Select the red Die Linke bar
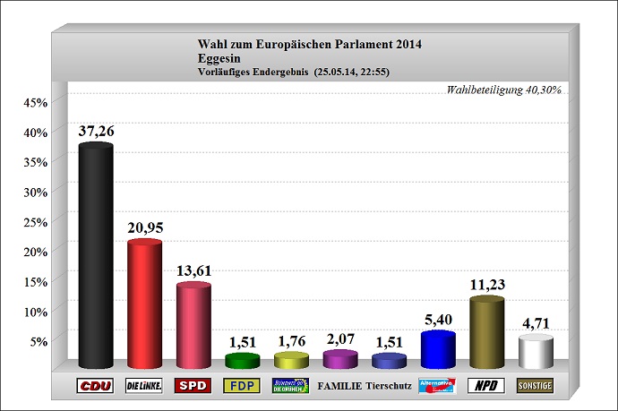coord(144,304)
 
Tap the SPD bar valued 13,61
coord(193,326)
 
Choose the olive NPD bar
coord(486,333)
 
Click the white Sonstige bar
coord(536,352)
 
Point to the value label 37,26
coord(97,132)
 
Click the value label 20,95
coord(144,229)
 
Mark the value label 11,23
coord(487,286)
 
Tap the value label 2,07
coord(339,339)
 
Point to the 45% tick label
coord(34,102)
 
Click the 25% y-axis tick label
coord(34,221)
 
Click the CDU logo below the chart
coord(96,386)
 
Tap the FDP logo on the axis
coord(242,386)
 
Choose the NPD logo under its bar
coord(487,386)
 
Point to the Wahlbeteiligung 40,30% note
coord(503,90)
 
